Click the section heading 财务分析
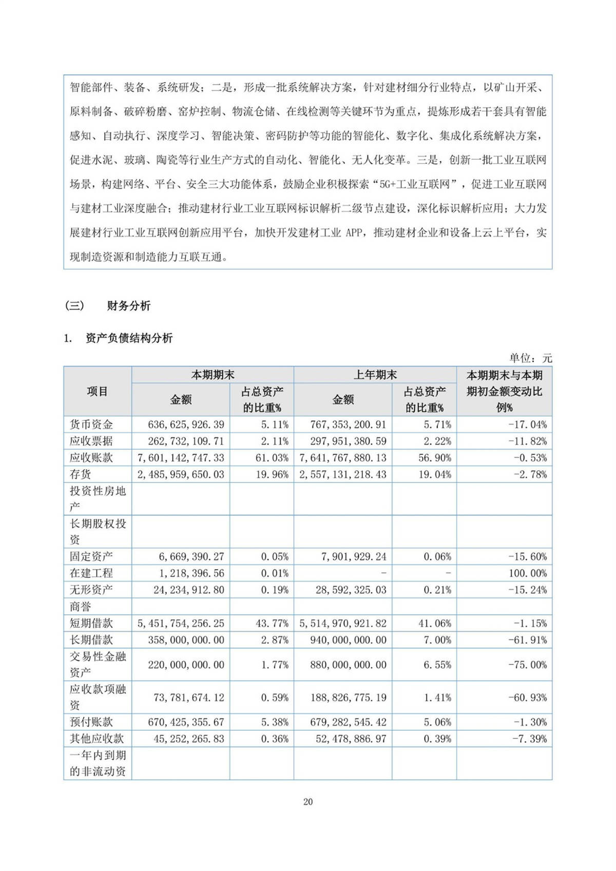click(x=128, y=306)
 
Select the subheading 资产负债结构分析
click(x=129, y=338)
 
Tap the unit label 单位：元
click(x=530, y=358)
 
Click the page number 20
click(x=308, y=802)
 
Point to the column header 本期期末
click(x=213, y=375)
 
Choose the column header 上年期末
click(x=375, y=375)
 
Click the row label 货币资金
click(x=91, y=424)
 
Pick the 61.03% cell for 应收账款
click(x=272, y=458)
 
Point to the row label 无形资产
click(x=91, y=590)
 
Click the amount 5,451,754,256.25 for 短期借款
click(x=181, y=623)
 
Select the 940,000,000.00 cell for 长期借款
click(x=348, y=640)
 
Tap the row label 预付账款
click(x=91, y=722)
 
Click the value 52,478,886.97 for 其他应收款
click(x=348, y=739)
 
